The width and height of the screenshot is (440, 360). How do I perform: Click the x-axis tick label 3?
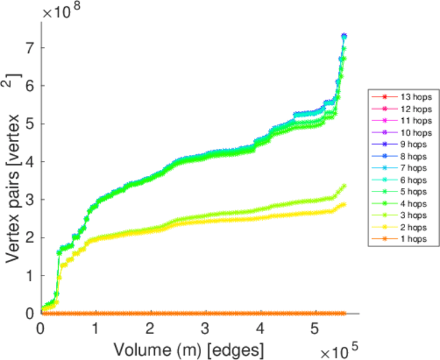click(x=205, y=328)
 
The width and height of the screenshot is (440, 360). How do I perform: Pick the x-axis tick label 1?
click(x=95, y=328)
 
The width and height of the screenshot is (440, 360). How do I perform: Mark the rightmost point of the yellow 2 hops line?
click(x=344, y=205)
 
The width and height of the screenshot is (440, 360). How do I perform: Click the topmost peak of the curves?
click(x=344, y=36)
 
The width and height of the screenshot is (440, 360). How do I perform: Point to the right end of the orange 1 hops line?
click(x=344, y=313)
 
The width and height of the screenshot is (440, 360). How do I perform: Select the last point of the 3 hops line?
click(x=344, y=186)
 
